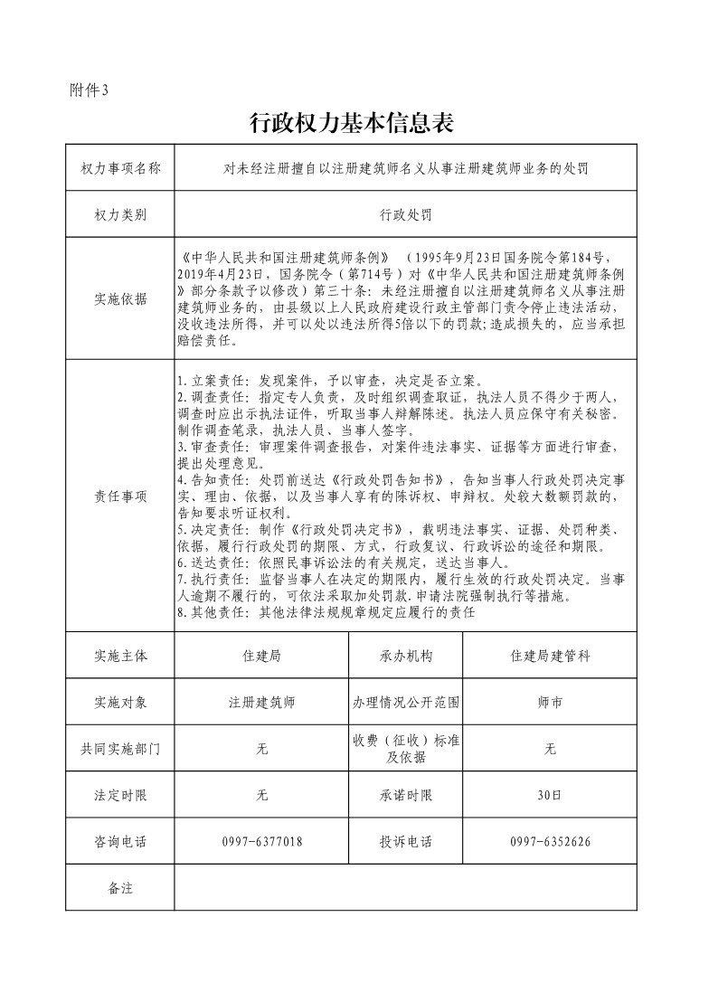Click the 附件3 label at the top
[89, 90]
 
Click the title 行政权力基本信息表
[350, 123]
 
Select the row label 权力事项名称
[120, 167]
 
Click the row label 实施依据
[120, 299]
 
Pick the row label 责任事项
[120, 496]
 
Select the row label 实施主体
[120, 656]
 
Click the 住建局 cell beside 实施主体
[262, 656]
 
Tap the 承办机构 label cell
[406, 656]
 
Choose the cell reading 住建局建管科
[550, 656]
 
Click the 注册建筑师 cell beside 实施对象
[262, 702]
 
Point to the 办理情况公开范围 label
[406, 702]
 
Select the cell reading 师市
[550, 702]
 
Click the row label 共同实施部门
[120, 749]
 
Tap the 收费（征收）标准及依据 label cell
[406, 749]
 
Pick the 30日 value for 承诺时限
[550, 796]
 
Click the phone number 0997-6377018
[262, 842]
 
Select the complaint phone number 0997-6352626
[550, 842]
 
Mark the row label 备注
[120, 888]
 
